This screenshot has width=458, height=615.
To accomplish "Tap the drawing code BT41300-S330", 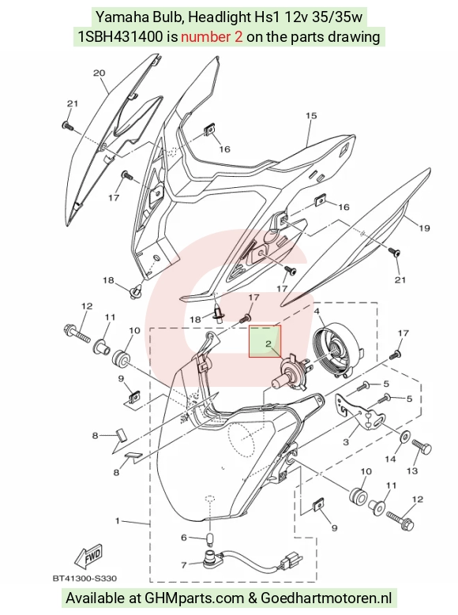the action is click(84, 578).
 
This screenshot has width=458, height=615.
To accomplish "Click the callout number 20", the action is click(99, 73).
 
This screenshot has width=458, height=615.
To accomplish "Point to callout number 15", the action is click(311, 116).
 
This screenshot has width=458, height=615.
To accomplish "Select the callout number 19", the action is click(424, 228).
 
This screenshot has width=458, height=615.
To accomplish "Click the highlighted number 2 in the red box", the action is click(268, 344).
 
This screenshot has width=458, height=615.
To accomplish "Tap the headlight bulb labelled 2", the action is click(292, 371).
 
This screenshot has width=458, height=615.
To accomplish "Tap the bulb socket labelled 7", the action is click(211, 557).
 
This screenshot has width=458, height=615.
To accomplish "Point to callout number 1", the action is click(117, 521).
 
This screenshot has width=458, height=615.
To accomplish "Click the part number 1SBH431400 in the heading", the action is click(121, 36).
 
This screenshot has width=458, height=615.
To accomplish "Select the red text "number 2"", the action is click(212, 36).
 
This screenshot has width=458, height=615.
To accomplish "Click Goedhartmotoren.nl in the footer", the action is click(326, 598).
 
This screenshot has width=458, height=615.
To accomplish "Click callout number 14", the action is click(390, 459).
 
